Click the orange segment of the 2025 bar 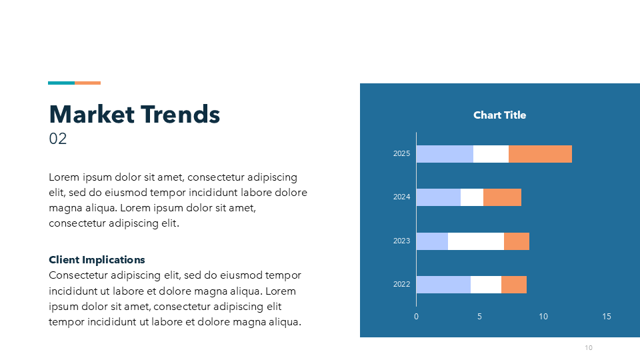pyautogui.click(x=540, y=154)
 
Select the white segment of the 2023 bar pyautogui.click(x=475, y=241)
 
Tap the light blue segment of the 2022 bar pyautogui.click(x=443, y=285)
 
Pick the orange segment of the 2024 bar pyautogui.click(x=502, y=197)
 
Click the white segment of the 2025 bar pyautogui.click(x=491, y=154)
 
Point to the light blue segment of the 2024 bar pyautogui.click(x=439, y=197)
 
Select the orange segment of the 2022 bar pyautogui.click(x=514, y=285)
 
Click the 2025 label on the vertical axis pyautogui.click(x=401, y=153)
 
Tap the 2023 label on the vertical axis pyautogui.click(x=401, y=241)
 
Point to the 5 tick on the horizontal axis pyautogui.click(x=479, y=316)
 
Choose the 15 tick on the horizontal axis pyautogui.click(x=607, y=316)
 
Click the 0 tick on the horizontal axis pyautogui.click(x=416, y=316)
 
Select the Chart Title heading pyautogui.click(x=499, y=115)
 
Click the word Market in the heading pyautogui.click(x=92, y=114)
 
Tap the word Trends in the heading pyautogui.click(x=181, y=114)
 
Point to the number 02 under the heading pyautogui.click(x=57, y=139)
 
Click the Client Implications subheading pyautogui.click(x=97, y=260)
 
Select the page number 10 pyautogui.click(x=589, y=348)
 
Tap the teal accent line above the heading pyautogui.click(x=61, y=83)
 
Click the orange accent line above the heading pyautogui.click(x=88, y=83)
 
